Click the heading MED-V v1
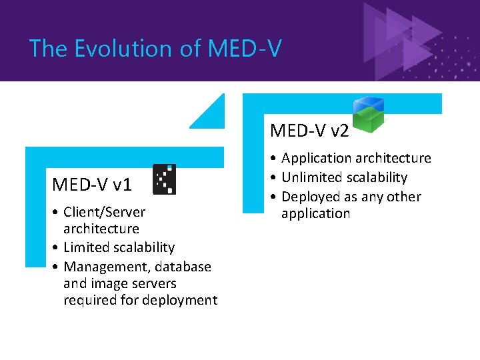tap(92, 184)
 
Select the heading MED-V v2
tap(309, 131)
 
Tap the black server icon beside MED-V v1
tap(165, 179)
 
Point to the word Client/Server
tap(104, 212)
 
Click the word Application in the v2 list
tap(315, 158)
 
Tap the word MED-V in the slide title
tap(245, 49)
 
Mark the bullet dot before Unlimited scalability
tap(275, 178)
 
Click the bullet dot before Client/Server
tap(57, 213)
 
